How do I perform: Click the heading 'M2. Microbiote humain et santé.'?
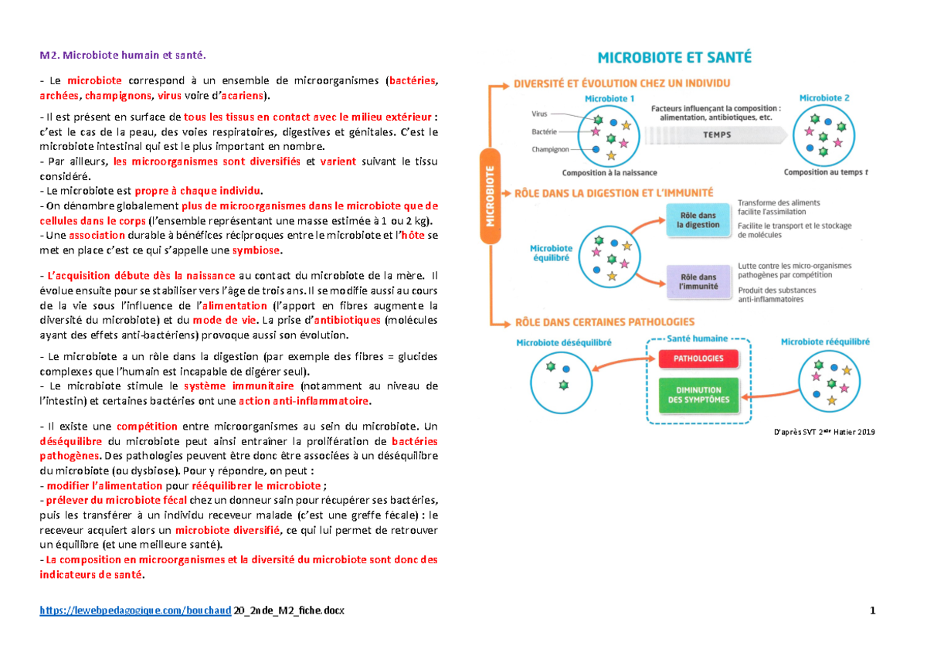(x=124, y=55)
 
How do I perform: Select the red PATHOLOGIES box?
(x=698, y=359)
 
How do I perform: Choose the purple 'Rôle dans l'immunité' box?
(x=698, y=281)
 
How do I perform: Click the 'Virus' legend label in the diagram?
(x=541, y=113)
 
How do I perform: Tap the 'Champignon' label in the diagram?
(x=549, y=149)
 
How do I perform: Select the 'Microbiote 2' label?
(x=824, y=99)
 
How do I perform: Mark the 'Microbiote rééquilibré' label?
(x=825, y=341)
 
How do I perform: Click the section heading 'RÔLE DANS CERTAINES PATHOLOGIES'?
(x=604, y=321)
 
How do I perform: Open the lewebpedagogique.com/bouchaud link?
(x=135, y=611)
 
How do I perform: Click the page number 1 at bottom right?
(x=872, y=611)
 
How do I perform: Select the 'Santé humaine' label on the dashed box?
(x=698, y=338)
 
